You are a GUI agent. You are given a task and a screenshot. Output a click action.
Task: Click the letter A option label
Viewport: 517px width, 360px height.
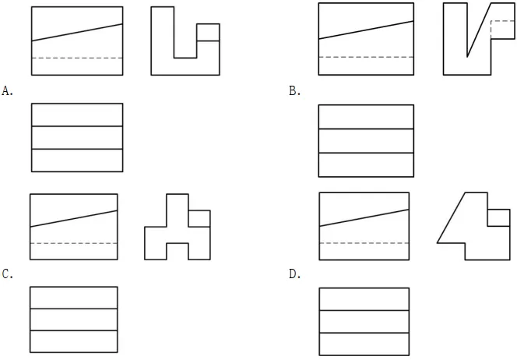7,91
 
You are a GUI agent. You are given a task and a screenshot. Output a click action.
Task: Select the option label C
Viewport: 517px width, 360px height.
7,274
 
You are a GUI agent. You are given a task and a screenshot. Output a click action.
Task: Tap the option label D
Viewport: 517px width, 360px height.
294,274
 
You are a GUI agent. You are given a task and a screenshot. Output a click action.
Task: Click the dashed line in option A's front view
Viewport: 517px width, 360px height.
77,58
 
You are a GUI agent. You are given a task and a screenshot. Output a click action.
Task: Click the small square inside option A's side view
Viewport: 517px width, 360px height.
207,33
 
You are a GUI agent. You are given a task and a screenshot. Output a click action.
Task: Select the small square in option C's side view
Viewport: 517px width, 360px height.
199,218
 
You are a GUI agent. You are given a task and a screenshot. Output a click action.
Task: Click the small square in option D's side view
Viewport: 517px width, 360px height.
499,217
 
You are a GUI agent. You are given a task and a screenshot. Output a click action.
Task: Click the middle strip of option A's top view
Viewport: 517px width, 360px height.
77,137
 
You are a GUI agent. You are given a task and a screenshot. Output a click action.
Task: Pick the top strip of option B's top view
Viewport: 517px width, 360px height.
366,115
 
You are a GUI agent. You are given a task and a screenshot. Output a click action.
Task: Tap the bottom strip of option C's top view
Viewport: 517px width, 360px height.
73,341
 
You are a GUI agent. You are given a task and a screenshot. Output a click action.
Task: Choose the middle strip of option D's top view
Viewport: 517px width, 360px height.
364,321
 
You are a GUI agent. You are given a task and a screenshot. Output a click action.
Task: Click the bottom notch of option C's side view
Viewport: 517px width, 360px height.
178,252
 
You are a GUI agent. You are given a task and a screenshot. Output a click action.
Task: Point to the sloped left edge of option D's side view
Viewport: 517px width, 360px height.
451,217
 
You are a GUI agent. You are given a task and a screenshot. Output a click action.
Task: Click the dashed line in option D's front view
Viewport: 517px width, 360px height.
364,243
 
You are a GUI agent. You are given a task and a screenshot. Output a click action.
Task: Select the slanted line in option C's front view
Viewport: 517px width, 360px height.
73,218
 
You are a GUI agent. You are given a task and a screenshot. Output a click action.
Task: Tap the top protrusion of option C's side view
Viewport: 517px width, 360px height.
178,202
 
